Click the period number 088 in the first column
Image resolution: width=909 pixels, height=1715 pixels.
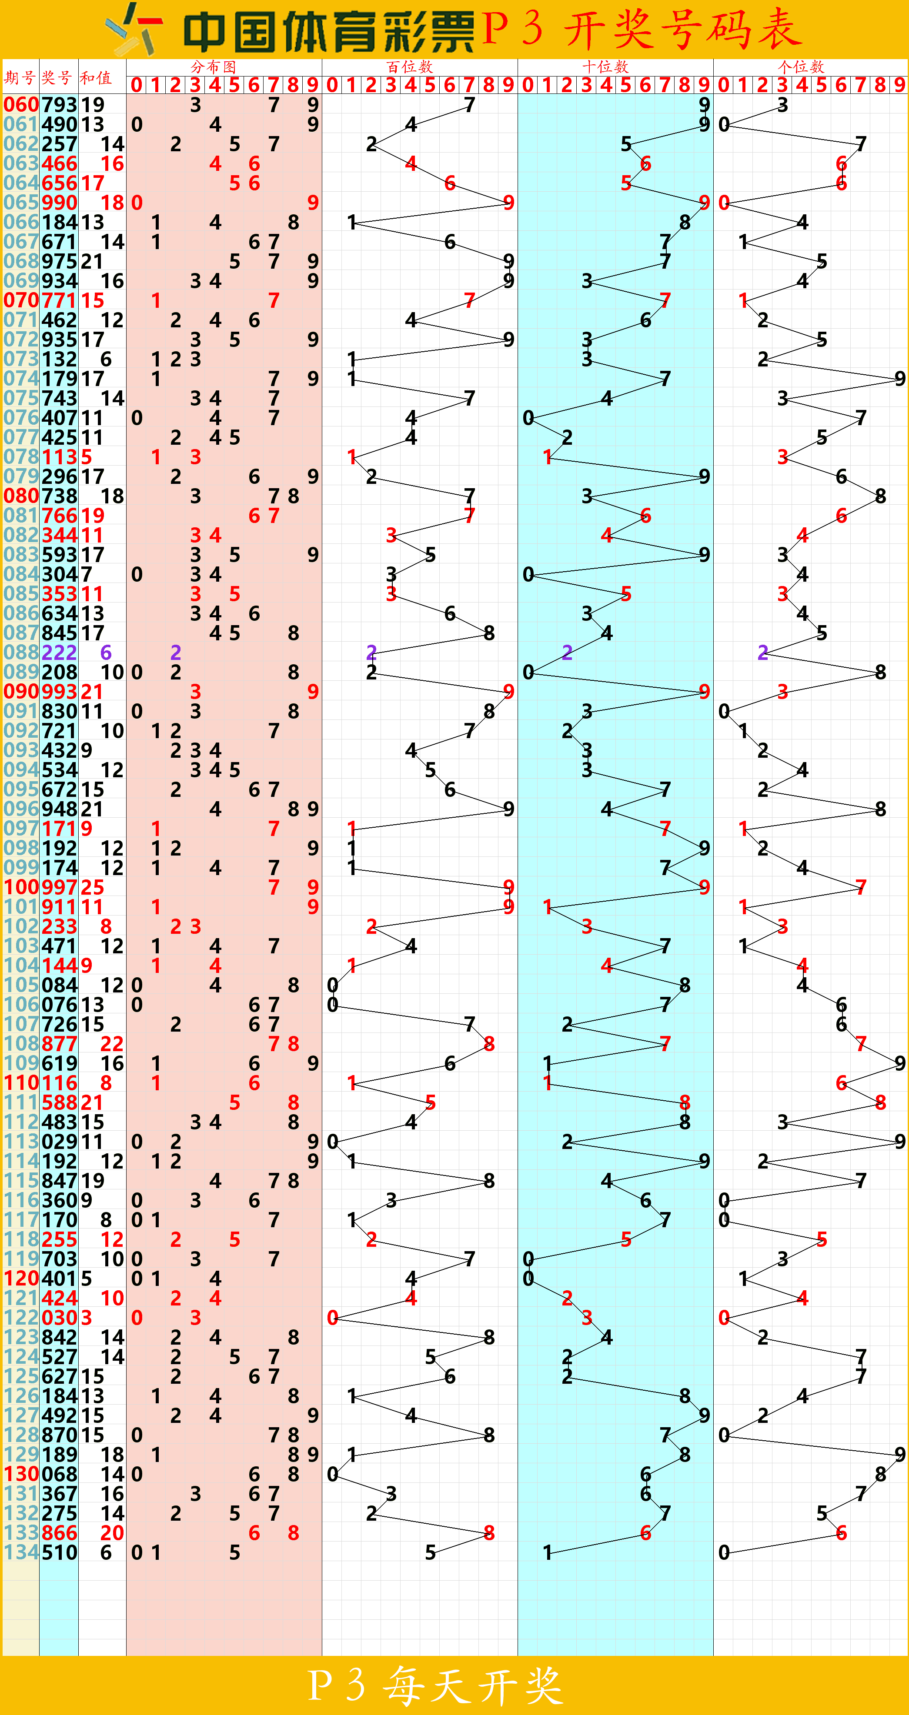pyautogui.click(x=20, y=653)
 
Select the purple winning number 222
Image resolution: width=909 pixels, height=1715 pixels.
pyautogui.click(x=59, y=653)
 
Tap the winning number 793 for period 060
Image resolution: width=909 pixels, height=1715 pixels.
pyautogui.click(x=59, y=104)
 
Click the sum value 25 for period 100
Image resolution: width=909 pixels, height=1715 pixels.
pyautogui.click(x=93, y=887)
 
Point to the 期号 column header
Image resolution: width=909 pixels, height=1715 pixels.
pyautogui.click(x=20, y=77)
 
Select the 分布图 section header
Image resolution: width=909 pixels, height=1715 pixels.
pyautogui.click(x=213, y=67)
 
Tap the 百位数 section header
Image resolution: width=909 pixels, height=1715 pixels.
pyautogui.click(x=410, y=67)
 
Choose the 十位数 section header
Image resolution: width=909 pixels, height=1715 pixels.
pyautogui.click(x=605, y=67)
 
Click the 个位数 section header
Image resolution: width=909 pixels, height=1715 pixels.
pyautogui.click(x=801, y=67)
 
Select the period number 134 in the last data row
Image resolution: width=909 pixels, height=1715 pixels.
pyautogui.click(x=20, y=1552)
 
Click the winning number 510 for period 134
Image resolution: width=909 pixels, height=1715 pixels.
pyautogui.click(x=59, y=1552)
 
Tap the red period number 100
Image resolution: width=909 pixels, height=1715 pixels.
pyautogui.click(x=20, y=887)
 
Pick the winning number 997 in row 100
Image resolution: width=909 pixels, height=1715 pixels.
pyautogui.click(x=59, y=887)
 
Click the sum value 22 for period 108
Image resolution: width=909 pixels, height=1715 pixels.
pyautogui.click(x=112, y=1044)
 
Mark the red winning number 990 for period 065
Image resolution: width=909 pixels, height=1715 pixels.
pyautogui.click(x=59, y=203)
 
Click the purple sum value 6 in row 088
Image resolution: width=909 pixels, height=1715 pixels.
pyautogui.click(x=106, y=653)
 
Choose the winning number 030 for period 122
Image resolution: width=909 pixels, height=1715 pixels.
pyautogui.click(x=59, y=1318)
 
